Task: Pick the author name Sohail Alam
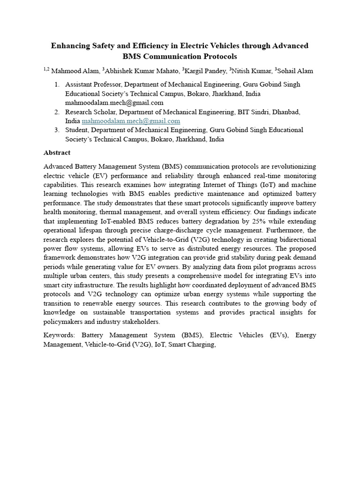click(x=297, y=71)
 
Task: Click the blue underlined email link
click(x=131, y=121)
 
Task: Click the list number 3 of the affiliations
click(x=56, y=130)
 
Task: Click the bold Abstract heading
click(x=57, y=152)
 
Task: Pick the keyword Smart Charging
click(x=191, y=345)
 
